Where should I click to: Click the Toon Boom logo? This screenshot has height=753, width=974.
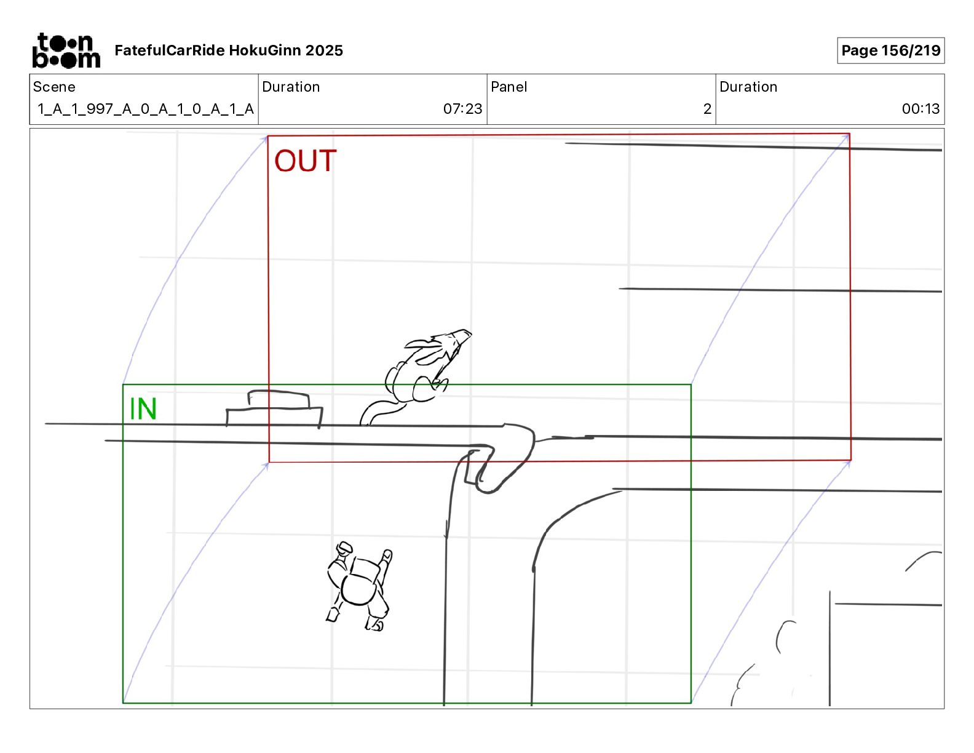pyautogui.click(x=66, y=50)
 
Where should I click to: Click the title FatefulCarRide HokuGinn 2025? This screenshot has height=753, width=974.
pyautogui.click(x=229, y=50)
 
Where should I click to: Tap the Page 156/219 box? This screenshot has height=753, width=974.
pyautogui.click(x=890, y=50)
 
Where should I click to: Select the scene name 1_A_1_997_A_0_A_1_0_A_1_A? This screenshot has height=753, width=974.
pyautogui.click(x=145, y=109)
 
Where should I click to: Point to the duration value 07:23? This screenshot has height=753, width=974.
pyautogui.click(x=462, y=109)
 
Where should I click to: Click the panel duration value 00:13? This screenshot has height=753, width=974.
pyautogui.click(x=920, y=109)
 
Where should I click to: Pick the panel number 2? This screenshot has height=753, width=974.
pyautogui.click(x=707, y=109)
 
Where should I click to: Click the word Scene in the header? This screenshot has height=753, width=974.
pyautogui.click(x=54, y=87)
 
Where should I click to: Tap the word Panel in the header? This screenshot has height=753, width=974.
pyautogui.click(x=509, y=87)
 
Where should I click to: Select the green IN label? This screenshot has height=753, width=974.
pyautogui.click(x=143, y=409)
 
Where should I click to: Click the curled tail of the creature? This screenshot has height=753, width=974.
pyautogui.click(x=376, y=412)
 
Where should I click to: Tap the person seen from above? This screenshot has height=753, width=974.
pyautogui.click(x=360, y=588)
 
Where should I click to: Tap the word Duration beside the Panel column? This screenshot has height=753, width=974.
pyautogui.click(x=748, y=87)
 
